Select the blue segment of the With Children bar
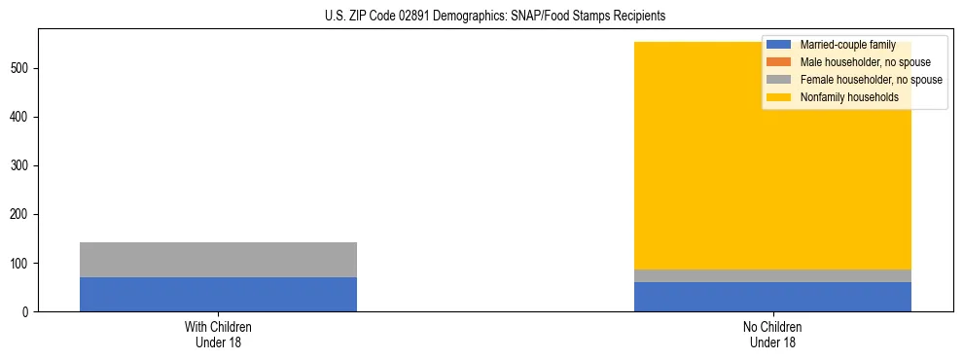(218, 294)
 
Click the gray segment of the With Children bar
(218, 260)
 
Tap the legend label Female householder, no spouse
(871, 80)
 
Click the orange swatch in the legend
(779, 62)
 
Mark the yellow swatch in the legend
(779, 97)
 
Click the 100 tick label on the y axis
(22, 263)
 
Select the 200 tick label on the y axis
(22, 214)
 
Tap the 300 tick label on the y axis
(22, 165)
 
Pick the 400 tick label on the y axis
(22, 117)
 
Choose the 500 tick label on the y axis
(22, 68)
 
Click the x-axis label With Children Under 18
(218, 335)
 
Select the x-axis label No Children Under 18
(772, 335)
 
